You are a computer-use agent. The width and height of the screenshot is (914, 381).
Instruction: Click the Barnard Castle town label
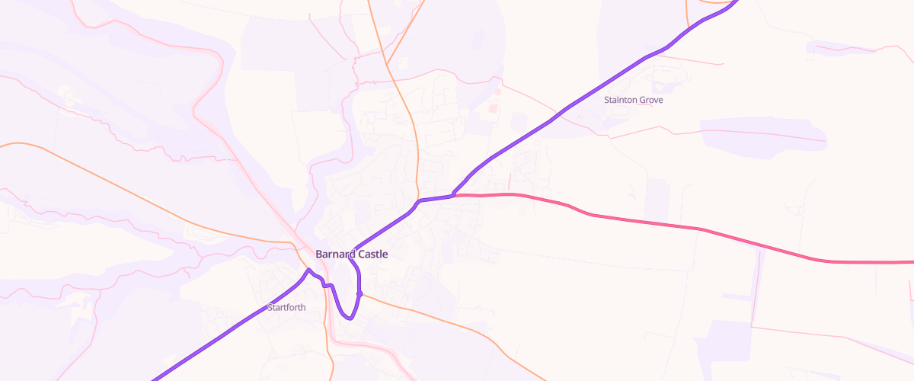tap(351, 254)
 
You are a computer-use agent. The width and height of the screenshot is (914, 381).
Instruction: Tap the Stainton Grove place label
tap(633, 100)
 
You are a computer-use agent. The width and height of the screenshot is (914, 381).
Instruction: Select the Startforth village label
tap(286, 308)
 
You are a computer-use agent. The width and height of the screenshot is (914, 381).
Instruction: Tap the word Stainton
tap(619, 100)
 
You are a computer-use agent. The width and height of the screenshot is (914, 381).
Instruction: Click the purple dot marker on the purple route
tap(359, 294)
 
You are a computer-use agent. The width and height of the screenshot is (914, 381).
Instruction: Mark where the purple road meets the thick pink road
tap(453, 196)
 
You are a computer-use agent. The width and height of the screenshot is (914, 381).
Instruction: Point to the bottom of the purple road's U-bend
tap(349, 319)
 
